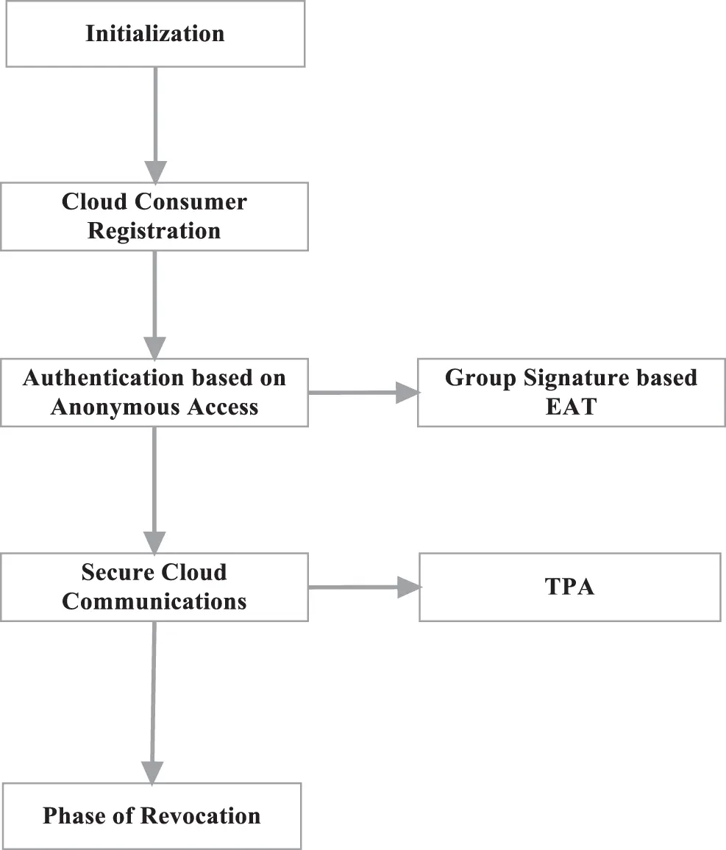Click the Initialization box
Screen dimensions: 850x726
point(155,34)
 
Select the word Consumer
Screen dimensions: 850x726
point(198,202)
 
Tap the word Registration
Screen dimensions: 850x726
point(154,231)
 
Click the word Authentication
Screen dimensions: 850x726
point(102,378)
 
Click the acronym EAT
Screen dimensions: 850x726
point(570,407)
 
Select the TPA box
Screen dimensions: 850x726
point(570,587)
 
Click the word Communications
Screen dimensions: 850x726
point(154,601)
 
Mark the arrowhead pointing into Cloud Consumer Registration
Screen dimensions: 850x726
point(154,171)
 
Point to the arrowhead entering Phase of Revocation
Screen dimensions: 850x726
point(152,771)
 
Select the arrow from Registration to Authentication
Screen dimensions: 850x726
point(154,294)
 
